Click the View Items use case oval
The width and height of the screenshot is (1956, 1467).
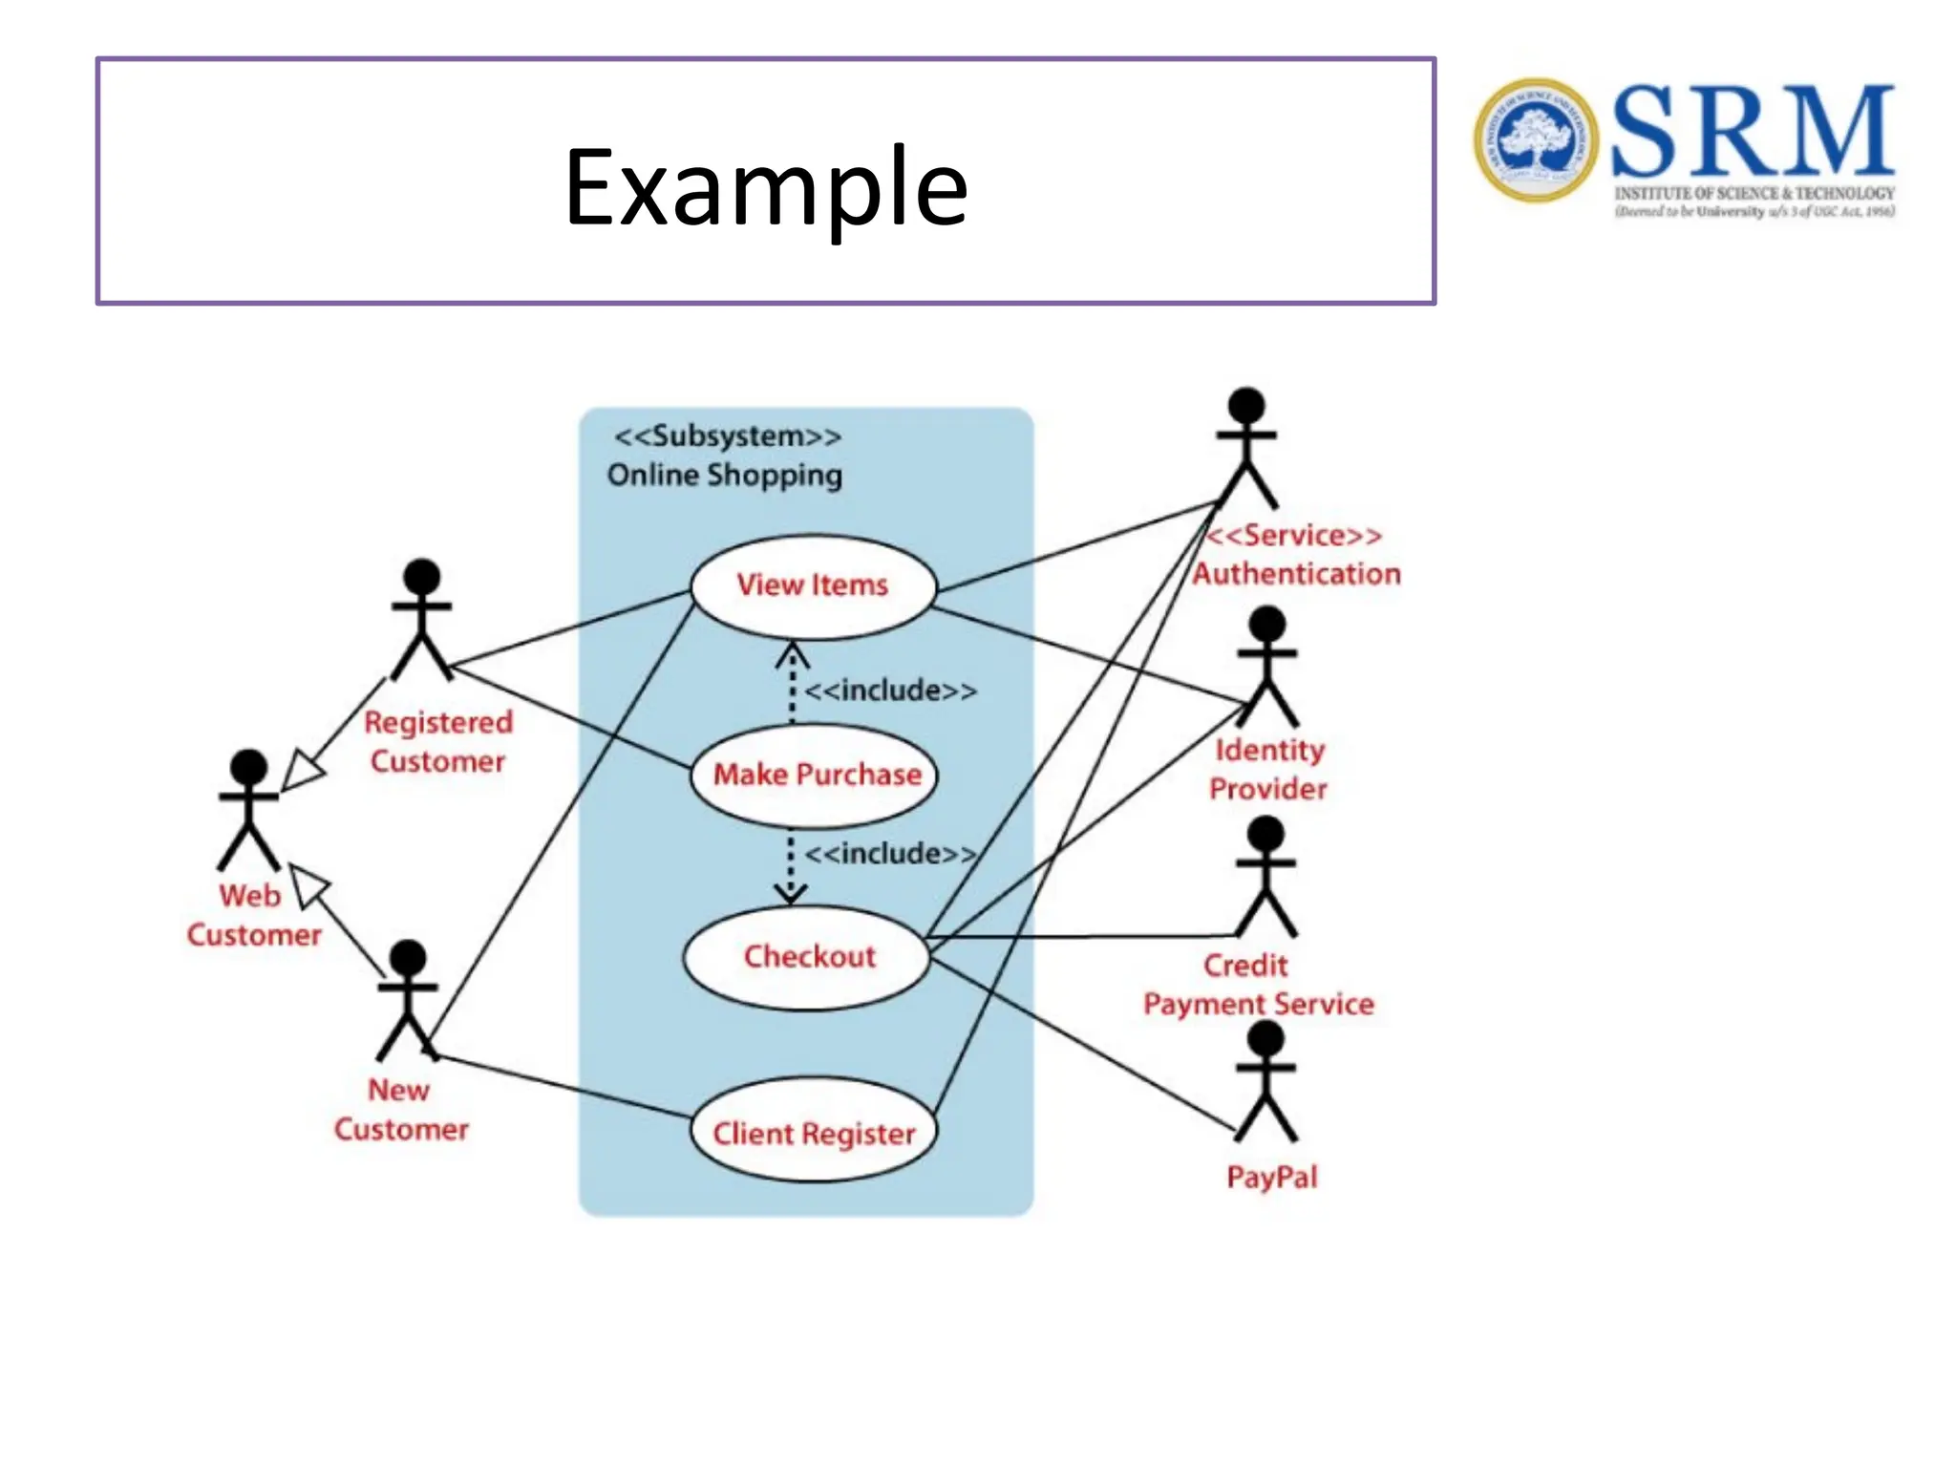tap(813, 585)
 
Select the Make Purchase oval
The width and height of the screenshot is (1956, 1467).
tap(815, 775)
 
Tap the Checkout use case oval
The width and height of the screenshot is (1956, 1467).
tap(807, 956)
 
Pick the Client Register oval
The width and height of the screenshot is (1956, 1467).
tap(813, 1132)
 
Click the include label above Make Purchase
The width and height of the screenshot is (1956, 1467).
tap(890, 691)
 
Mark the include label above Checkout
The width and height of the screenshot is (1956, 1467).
tap(890, 853)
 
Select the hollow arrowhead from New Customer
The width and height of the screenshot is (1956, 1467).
tap(308, 885)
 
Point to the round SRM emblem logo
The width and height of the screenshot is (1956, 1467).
tap(1535, 139)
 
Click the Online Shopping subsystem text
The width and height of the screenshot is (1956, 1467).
tap(725, 475)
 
